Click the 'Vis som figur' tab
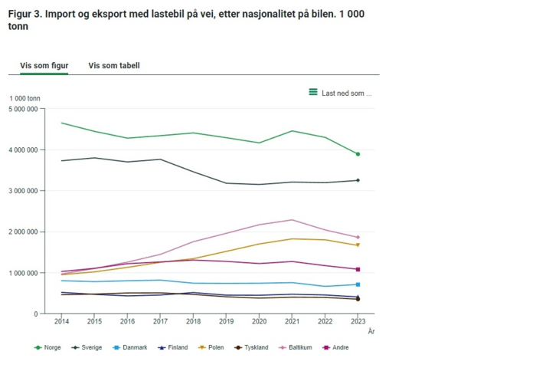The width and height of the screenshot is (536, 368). [44, 66]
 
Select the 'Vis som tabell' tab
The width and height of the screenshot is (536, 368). [114, 66]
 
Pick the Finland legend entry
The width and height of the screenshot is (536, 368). [173, 347]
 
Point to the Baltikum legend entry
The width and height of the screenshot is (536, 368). [296, 347]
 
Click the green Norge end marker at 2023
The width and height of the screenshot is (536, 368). [358, 154]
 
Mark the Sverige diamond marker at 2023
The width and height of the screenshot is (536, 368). [358, 180]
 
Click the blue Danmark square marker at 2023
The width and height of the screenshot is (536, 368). [358, 284]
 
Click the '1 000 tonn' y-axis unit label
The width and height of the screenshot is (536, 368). [25, 98]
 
